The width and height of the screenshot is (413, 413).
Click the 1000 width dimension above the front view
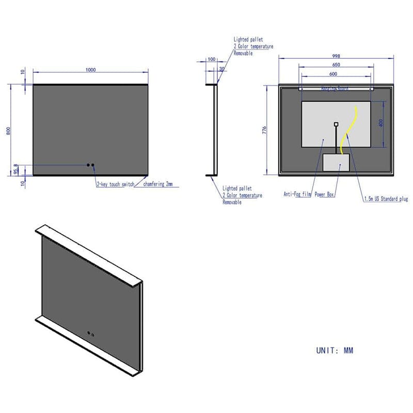[x=91, y=70]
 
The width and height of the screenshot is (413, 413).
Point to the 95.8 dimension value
[x=15, y=169]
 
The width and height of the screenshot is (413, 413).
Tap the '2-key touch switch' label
[x=115, y=184]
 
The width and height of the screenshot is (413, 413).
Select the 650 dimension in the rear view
[x=336, y=65]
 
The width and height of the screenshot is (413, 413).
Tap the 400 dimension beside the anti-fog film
[x=382, y=124]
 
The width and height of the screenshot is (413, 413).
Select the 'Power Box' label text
[x=325, y=195]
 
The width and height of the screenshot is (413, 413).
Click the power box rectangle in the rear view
[x=337, y=163]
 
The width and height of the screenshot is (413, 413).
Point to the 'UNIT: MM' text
[x=335, y=351]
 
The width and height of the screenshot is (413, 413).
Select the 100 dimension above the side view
[x=211, y=60]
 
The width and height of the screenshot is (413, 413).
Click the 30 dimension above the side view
[x=222, y=69]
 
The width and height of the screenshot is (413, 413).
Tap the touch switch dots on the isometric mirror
[x=91, y=333]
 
